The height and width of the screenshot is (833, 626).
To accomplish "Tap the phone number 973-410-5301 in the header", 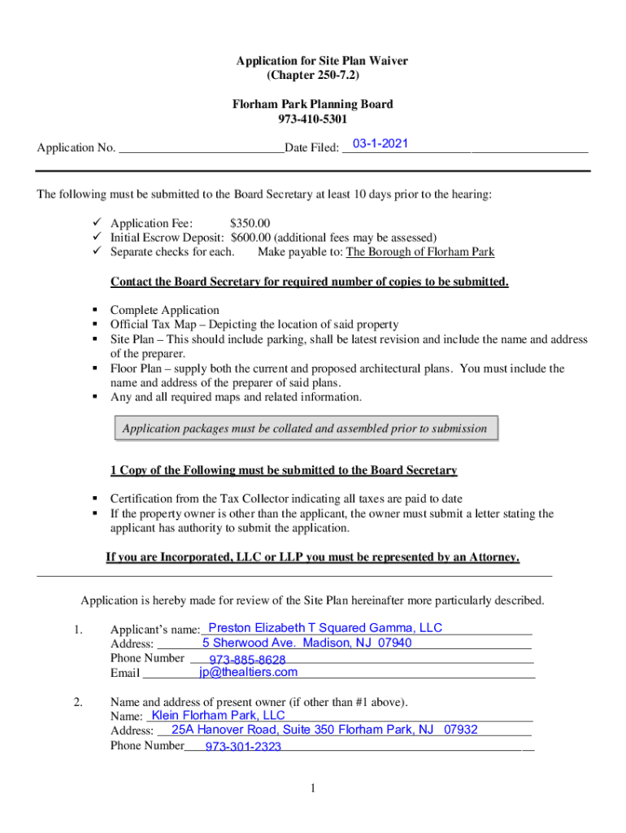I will [312, 119].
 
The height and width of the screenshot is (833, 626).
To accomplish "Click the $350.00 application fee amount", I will [250, 223].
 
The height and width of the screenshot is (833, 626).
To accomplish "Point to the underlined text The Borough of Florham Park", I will [420, 252].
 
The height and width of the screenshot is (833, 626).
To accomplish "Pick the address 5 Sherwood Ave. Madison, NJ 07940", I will [307, 643].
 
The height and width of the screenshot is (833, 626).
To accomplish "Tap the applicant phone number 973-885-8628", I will [247, 660].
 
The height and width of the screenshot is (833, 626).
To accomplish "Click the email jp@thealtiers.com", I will [248, 672].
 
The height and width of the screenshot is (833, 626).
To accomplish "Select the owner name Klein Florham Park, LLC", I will [219, 715].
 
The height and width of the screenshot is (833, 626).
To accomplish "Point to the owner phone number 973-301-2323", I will [243, 747].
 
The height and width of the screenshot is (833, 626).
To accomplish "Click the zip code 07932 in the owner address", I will [461, 730].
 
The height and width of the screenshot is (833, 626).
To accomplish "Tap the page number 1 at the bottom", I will [313, 787].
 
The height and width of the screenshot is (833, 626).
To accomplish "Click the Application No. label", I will [76, 148].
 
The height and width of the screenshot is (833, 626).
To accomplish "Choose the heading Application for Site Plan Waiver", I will [322, 61].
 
